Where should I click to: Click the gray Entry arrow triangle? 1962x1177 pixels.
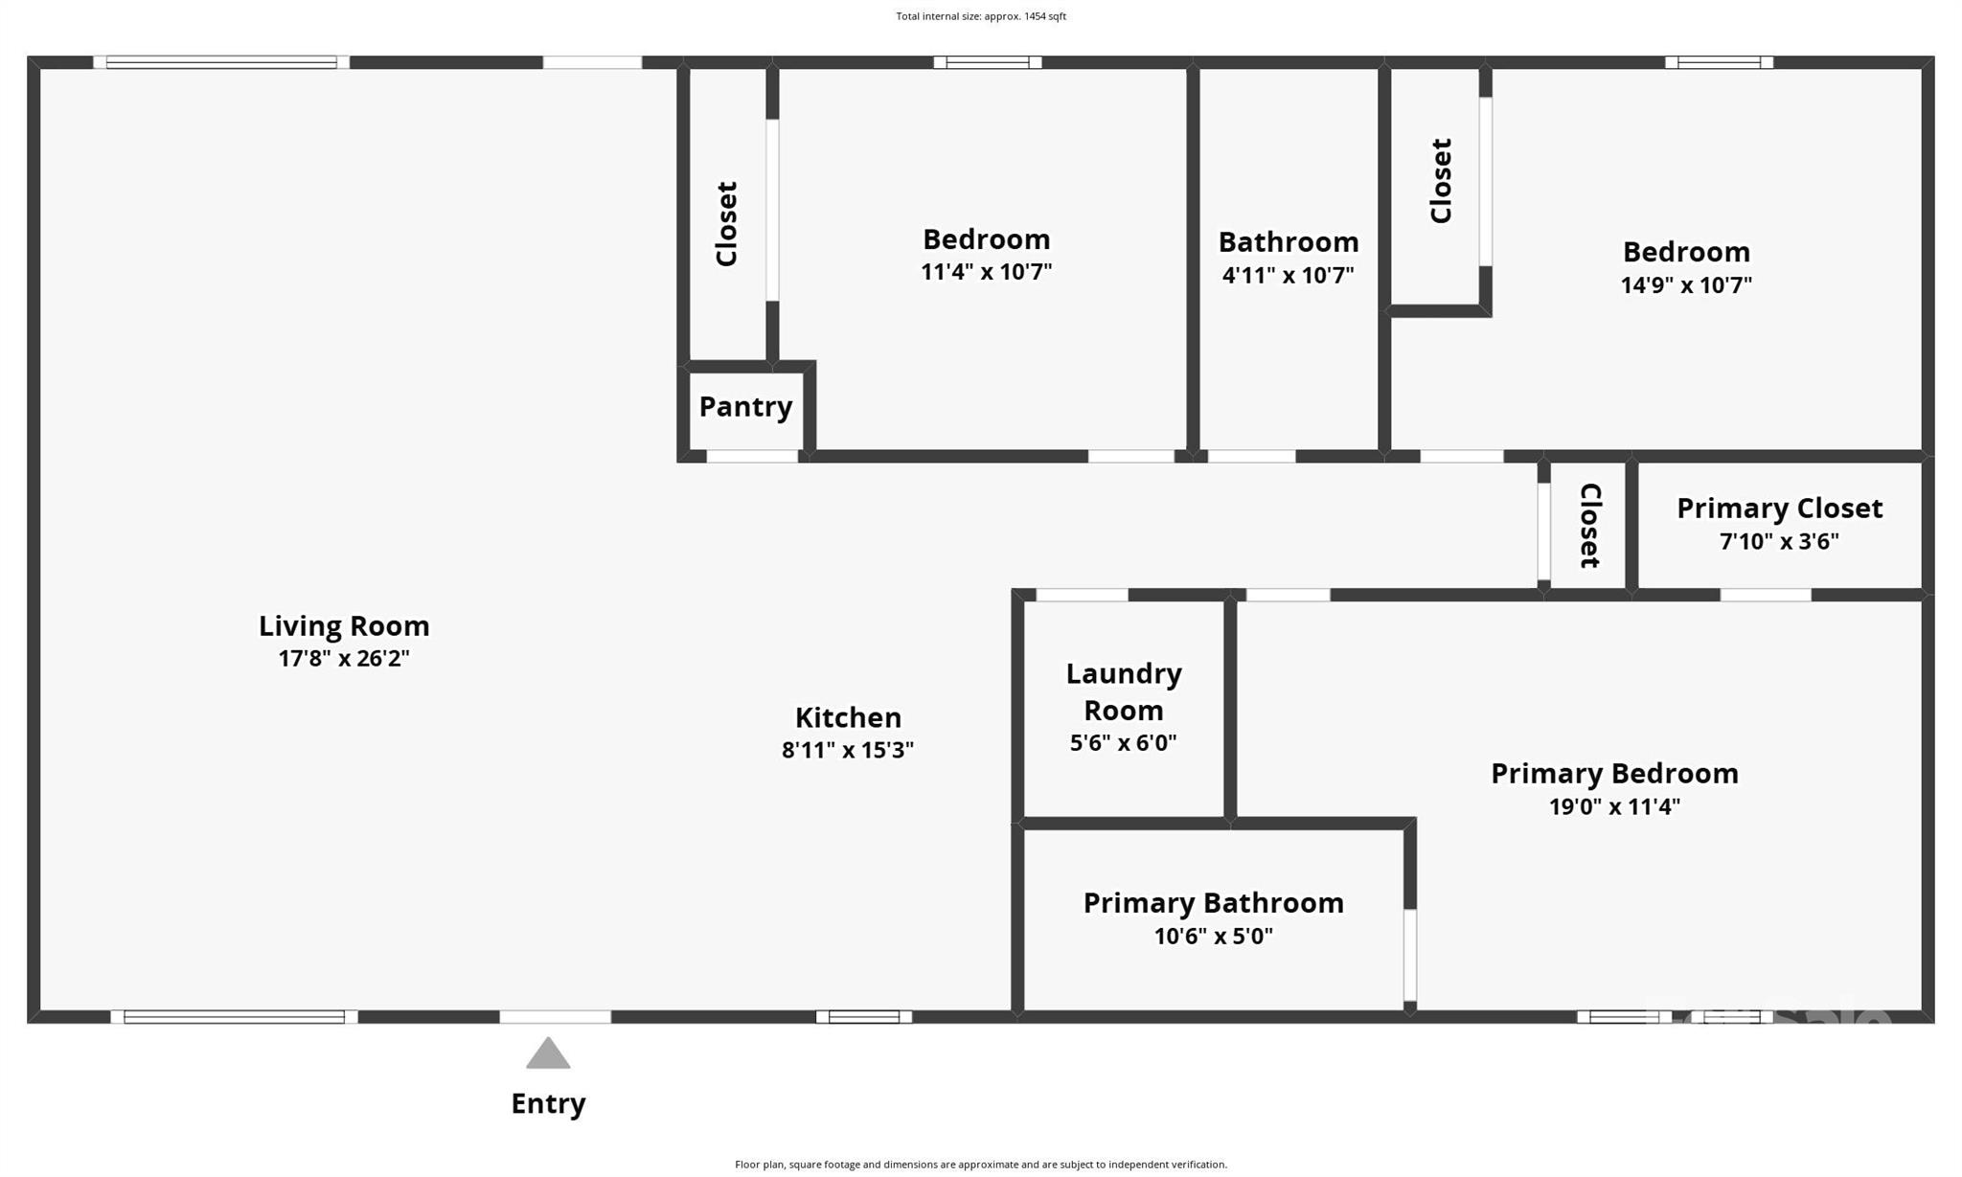click(548, 1053)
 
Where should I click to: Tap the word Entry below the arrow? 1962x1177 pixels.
click(548, 1103)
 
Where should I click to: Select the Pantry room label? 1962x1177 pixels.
click(745, 407)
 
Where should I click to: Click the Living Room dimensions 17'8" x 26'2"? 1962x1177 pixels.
click(344, 658)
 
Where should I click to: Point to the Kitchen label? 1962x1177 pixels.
click(848, 717)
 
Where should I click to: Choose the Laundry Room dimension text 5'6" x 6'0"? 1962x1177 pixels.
click(1123, 742)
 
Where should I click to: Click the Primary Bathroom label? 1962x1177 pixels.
click(1213, 903)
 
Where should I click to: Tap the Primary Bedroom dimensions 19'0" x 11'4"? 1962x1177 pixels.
click(1614, 805)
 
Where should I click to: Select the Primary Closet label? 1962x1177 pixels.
click(1779, 509)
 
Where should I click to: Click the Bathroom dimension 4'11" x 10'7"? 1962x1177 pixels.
click(1288, 275)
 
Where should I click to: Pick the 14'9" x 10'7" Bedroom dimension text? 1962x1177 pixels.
click(1686, 284)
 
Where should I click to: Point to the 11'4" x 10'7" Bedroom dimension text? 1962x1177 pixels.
click(986, 271)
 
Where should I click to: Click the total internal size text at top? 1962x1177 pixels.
click(981, 16)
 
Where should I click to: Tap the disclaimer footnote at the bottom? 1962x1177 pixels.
click(981, 1165)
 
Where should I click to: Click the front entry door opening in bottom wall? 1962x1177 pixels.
click(556, 1017)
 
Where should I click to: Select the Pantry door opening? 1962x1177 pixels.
click(752, 457)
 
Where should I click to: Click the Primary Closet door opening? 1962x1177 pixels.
click(1766, 595)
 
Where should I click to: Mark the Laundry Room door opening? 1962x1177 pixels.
click(1083, 595)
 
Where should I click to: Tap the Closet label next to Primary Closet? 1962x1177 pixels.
click(1589, 525)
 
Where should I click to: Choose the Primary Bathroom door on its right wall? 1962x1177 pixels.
click(1410, 955)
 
